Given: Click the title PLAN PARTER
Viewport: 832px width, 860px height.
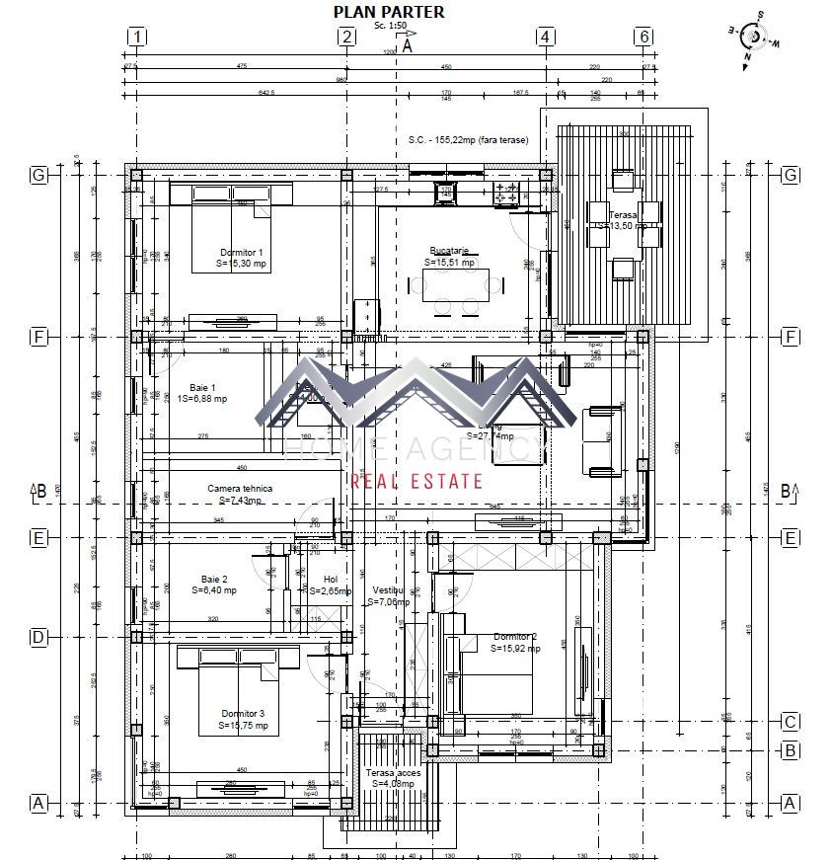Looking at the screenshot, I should pyautogui.click(x=388, y=12).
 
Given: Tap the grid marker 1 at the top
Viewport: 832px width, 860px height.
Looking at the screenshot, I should pyautogui.click(x=137, y=37).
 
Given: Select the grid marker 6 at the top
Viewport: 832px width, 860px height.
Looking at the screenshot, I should pyautogui.click(x=643, y=37).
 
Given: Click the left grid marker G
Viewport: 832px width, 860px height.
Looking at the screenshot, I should pyautogui.click(x=39, y=175).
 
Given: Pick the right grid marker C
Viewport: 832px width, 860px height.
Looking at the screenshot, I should pyautogui.click(x=790, y=721).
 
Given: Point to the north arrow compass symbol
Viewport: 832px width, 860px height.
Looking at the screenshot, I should pyautogui.click(x=755, y=37).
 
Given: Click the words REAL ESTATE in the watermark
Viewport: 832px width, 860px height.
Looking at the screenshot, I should pyautogui.click(x=417, y=482).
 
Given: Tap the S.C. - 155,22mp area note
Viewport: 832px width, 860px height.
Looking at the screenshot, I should pyautogui.click(x=468, y=140).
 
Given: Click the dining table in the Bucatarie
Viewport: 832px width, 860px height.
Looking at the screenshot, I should pyautogui.click(x=462, y=286).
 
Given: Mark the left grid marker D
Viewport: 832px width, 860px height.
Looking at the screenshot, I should pyautogui.click(x=39, y=638).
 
